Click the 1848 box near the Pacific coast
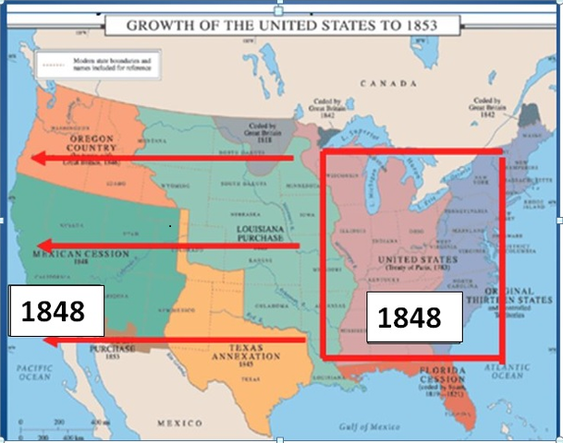click(53, 311)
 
